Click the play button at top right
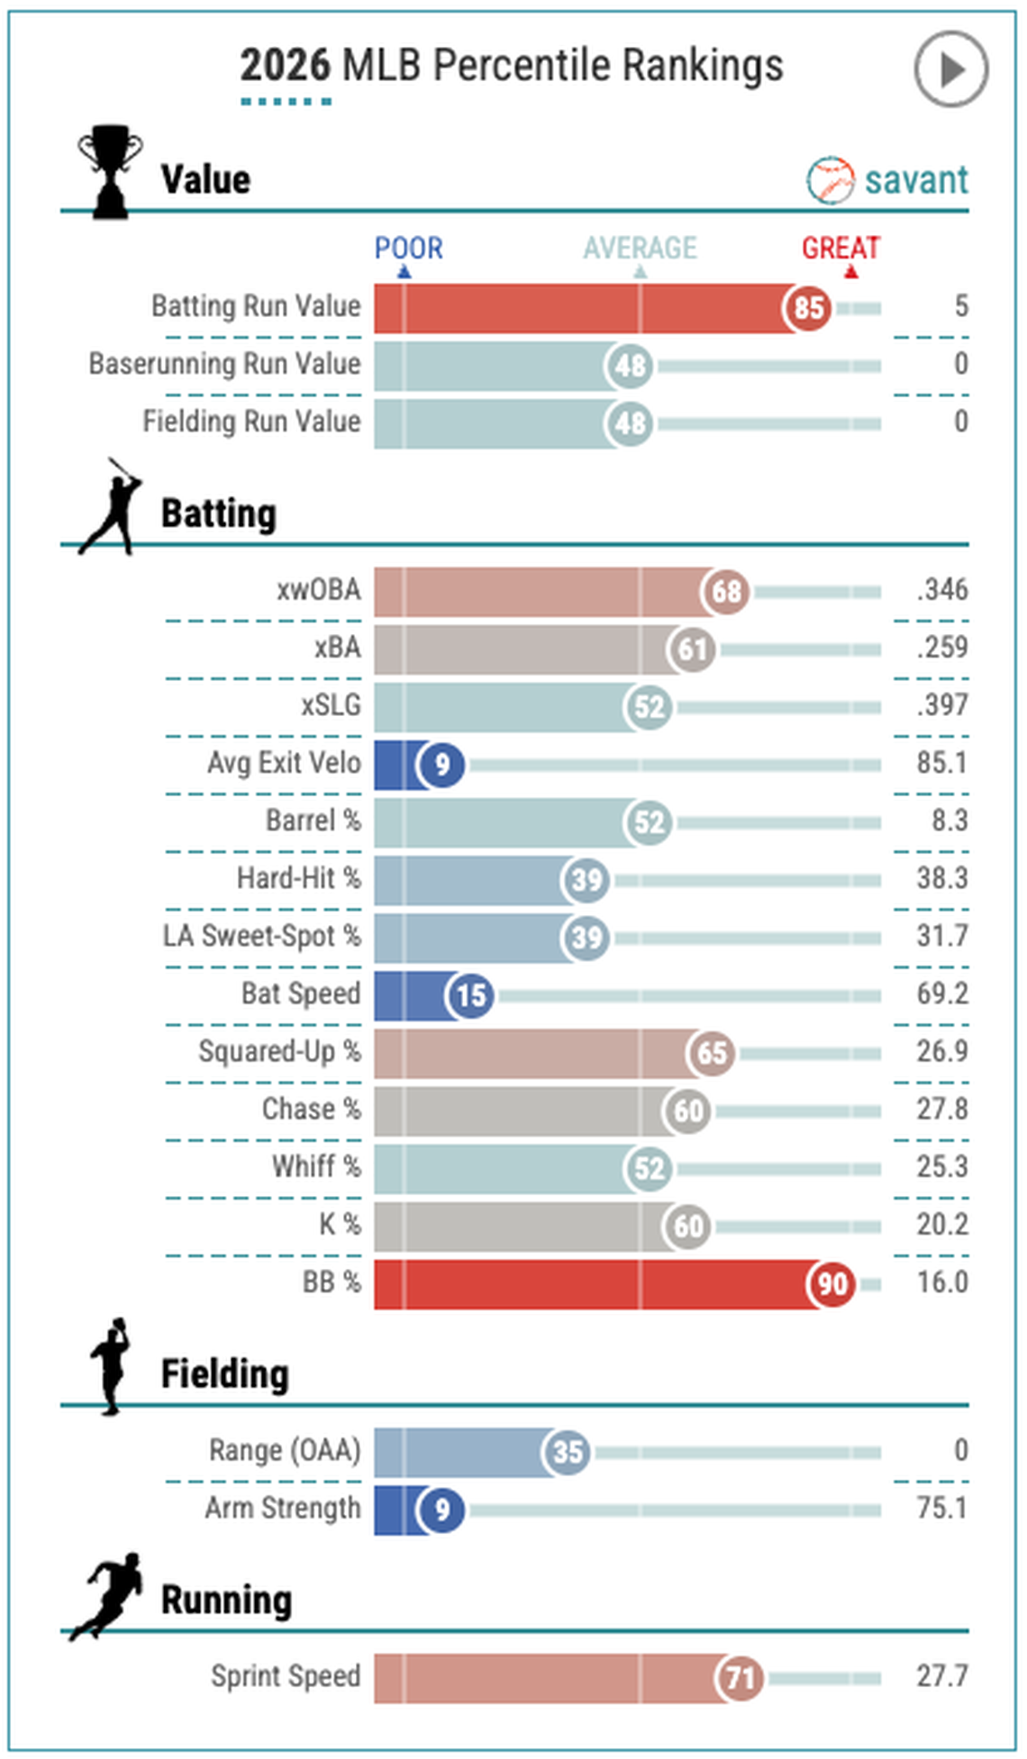pyautogui.click(x=950, y=68)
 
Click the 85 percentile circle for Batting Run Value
pyautogui.click(x=807, y=308)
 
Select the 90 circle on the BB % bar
pyautogui.click(x=831, y=1283)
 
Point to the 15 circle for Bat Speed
pyautogui.click(x=470, y=995)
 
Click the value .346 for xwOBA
pyautogui.click(x=942, y=590)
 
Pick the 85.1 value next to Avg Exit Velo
pyautogui.click(x=941, y=763)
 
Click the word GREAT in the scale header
pyautogui.click(x=840, y=248)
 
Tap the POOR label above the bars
pyautogui.click(x=408, y=248)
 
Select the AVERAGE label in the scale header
pyautogui.click(x=640, y=248)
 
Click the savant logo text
pyautogui.click(x=915, y=179)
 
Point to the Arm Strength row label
pyautogui.click(x=282, y=1508)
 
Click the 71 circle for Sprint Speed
pyautogui.click(x=740, y=1678)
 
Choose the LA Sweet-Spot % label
pyautogui.click(x=261, y=936)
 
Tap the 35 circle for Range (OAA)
pyautogui.click(x=567, y=1452)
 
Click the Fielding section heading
pyautogui.click(x=224, y=1374)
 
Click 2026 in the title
pyautogui.click(x=285, y=66)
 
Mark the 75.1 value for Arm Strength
pyautogui.click(x=941, y=1508)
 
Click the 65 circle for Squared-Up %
pyautogui.click(x=711, y=1053)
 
